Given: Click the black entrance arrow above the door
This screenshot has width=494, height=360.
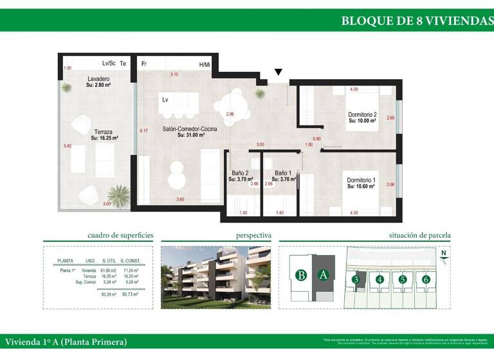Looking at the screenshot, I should [278, 73].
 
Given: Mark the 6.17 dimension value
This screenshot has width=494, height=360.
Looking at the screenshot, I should [144, 131].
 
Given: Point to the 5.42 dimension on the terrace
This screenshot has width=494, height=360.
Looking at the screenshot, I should [68, 146].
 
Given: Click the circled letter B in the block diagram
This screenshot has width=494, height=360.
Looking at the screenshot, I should [300, 275].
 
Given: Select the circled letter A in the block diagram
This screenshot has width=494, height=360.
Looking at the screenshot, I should [324, 275].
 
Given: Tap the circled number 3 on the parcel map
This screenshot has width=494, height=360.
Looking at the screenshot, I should [356, 279].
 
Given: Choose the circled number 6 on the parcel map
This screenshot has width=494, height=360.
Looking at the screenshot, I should [425, 279].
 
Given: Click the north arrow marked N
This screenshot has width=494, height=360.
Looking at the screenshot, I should [443, 255].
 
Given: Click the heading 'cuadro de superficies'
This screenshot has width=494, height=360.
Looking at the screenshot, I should [120, 236].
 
